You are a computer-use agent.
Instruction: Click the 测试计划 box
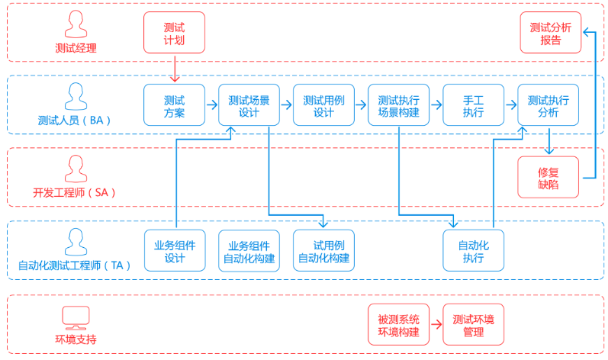click(174, 33)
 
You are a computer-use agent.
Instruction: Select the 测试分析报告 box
click(550, 33)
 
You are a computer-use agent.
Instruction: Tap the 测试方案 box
click(174, 105)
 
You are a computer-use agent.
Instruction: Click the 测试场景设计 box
click(249, 105)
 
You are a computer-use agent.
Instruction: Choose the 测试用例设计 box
click(323, 105)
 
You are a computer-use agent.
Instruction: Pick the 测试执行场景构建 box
click(398, 105)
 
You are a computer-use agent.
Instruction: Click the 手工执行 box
click(473, 105)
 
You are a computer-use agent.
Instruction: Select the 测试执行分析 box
click(548, 105)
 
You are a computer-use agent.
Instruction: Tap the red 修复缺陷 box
click(548, 177)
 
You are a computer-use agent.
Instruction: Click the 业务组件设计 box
click(175, 250)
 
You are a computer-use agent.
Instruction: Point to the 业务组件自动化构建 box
click(249, 251)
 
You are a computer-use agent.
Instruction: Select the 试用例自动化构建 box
click(323, 251)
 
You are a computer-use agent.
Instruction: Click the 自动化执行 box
click(473, 251)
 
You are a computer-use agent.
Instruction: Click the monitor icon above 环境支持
click(76, 317)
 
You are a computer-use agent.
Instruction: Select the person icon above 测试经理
click(76, 25)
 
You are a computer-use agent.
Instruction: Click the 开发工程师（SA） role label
click(75, 192)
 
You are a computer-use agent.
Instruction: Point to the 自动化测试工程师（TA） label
click(75, 265)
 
